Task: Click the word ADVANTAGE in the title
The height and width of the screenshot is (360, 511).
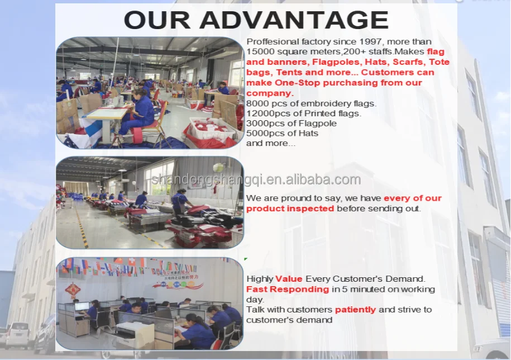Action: [x=294, y=20]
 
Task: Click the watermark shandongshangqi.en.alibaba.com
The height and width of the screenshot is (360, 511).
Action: [x=256, y=179]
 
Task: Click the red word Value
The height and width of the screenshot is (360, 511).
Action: [x=289, y=279]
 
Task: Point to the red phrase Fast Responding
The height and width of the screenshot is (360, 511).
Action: [x=288, y=289]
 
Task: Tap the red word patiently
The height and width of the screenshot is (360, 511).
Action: [x=356, y=310]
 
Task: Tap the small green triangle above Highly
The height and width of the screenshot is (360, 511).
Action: [x=246, y=259]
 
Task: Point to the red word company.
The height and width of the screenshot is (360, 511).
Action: [x=270, y=93]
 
